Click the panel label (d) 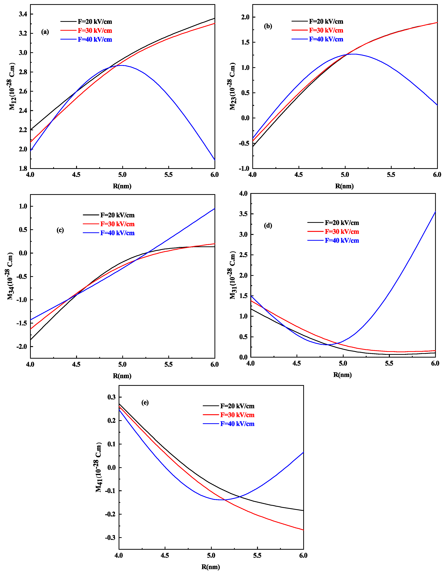point(268,225)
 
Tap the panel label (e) point(145,402)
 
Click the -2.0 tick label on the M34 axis point(21,346)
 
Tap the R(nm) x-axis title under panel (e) point(211,567)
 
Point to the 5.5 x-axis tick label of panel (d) point(389,363)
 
